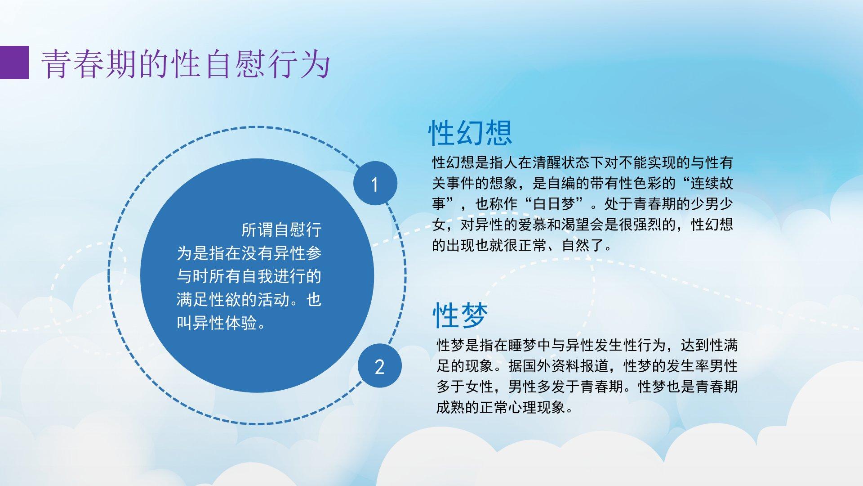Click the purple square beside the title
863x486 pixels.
tap(14, 63)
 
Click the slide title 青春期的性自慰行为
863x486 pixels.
tap(186, 63)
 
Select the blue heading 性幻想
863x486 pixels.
tap(470, 133)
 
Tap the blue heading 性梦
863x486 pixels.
tap(460, 315)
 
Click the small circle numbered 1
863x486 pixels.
tap(375, 184)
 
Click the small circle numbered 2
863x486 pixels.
tap(380, 366)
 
